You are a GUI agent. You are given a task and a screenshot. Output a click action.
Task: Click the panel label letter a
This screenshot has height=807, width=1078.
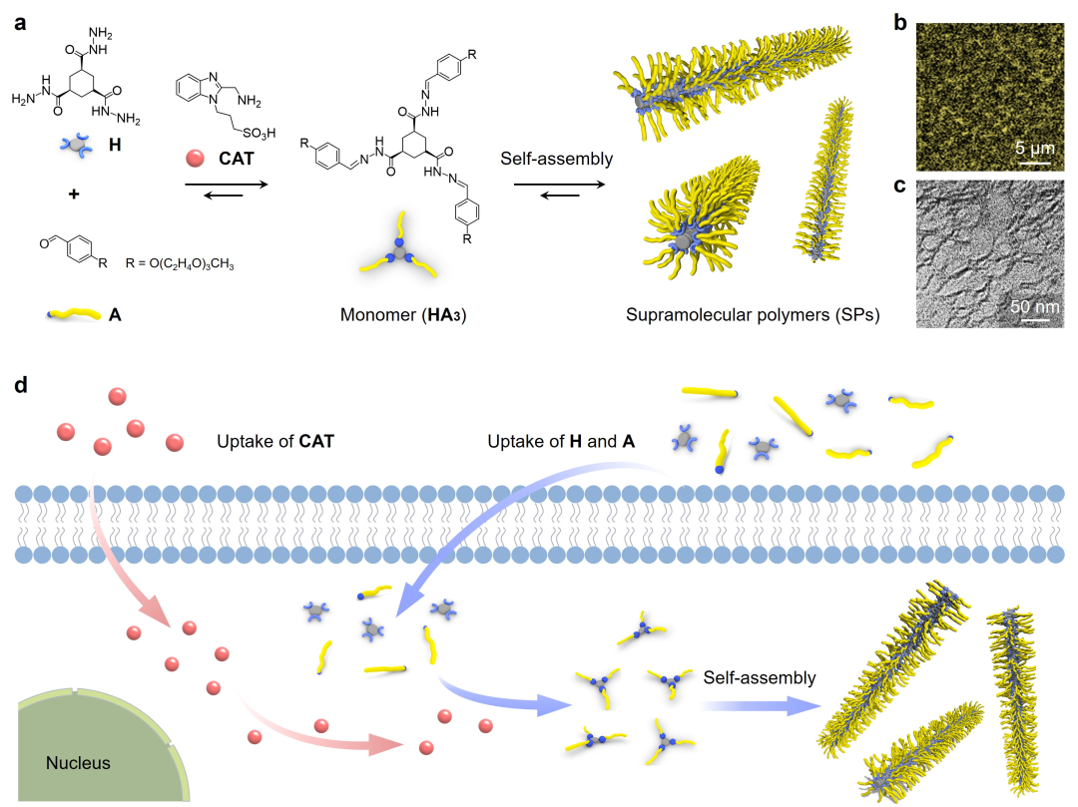pyautogui.click(x=19, y=23)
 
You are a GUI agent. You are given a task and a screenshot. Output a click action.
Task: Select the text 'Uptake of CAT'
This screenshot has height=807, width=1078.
pyautogui.click(x=274, y=440)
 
